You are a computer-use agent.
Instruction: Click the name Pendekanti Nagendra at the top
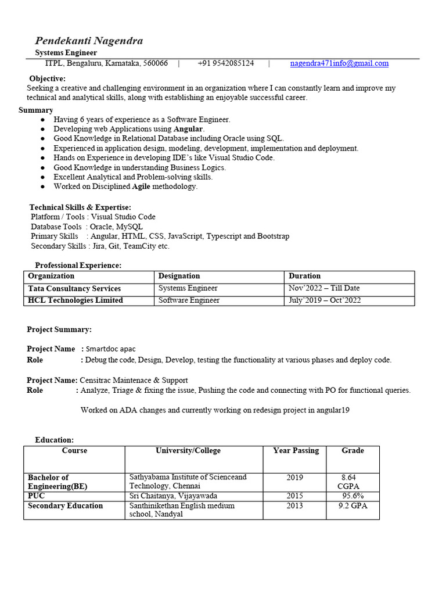click(x=89, y=41)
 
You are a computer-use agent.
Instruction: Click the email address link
click(x=339, y=63)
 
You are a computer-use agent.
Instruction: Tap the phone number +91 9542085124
click(x=225, y=63)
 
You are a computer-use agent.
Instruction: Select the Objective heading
click(x=48, y=79)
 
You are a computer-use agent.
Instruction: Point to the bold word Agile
click(x=142, y=187)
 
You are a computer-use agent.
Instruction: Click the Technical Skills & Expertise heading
click(x=80, y=207)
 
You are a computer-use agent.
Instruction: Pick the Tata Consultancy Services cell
click(x=74, y=288)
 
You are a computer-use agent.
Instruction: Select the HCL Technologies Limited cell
click(x=75, y=300)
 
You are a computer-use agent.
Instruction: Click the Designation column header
click(x=179, y=276)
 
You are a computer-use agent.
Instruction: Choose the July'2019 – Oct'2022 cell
click(x=325, y=300)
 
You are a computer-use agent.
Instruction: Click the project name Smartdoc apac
click(x=111, y=349)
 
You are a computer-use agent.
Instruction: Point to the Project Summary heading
click(x=59, y=329)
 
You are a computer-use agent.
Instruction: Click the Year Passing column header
click(x=296, y=451)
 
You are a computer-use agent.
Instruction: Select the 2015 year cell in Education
click(x=294, y=496)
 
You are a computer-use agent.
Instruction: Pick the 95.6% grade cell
click(x=353, y=496)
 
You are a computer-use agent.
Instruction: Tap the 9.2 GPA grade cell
click(x=353, y=506)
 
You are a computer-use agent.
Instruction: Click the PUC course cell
click(x=37, y=496)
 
